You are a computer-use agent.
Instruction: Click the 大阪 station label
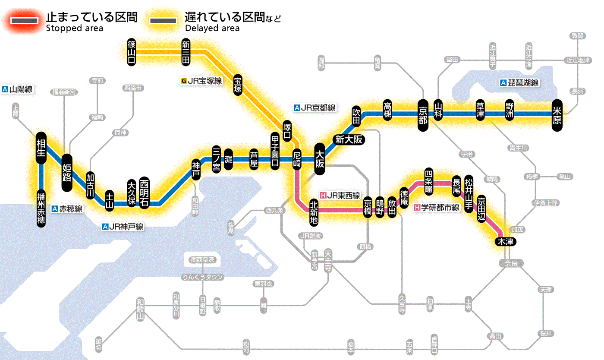coord(320,159)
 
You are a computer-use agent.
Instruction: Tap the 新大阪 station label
coord(349,139)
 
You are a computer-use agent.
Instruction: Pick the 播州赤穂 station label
coord(41,208)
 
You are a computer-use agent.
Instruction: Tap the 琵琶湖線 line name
coord(519,83)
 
